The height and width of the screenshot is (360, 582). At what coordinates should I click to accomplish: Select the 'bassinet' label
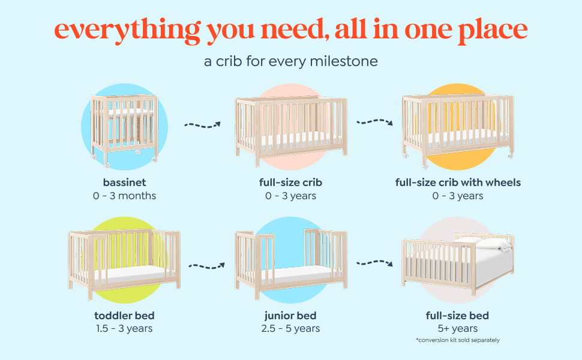coord(124,182)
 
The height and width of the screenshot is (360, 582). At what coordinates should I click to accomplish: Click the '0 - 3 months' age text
coord(124,196)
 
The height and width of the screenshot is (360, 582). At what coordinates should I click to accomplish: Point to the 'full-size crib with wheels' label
coord(458,182)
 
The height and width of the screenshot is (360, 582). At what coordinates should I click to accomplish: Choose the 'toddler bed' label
coord(124,316)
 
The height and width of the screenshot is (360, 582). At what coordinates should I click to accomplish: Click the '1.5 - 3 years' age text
coord(124,328)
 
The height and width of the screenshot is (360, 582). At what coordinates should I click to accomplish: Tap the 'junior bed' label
coord(290,316)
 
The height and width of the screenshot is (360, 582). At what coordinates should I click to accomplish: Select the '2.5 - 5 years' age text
coord(290,328)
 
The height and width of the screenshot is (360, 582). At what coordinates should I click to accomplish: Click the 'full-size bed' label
coord(457,316)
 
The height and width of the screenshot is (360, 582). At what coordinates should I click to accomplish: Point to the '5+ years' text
coord(457,328)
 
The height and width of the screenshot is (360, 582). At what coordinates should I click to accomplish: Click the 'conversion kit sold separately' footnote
coord(458,340)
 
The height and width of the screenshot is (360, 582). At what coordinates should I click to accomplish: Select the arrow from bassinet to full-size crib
coord(203,125)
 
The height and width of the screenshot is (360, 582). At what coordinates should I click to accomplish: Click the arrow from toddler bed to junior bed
coord(207,266)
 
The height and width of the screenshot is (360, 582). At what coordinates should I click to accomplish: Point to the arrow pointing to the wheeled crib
coord(374,122)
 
